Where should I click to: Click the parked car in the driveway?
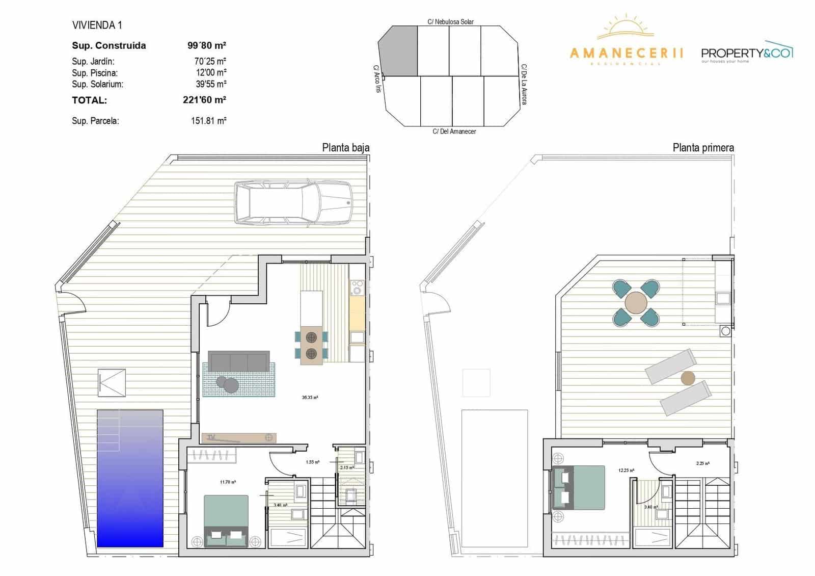[x=293, y=202]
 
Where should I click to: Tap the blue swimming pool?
[x=130, y=478]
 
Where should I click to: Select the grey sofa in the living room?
[x=239, y=361]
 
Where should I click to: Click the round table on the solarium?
[x=636, y=302]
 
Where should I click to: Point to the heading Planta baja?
[x=346, y=148]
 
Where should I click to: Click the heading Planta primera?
[x=703, y=148]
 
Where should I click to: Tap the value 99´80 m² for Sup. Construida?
[x=207, y=45]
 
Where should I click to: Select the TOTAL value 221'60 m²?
[x=204, y=100]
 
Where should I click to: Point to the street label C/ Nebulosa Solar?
[x=450, y=22]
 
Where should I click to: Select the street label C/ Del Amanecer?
[x=454, y=132]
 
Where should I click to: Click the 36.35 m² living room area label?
[x=310, y=397]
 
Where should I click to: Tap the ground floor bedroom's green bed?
[x=226, y=520]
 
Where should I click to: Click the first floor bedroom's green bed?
[x=581, y=488]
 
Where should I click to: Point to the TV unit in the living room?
[x=239, y=437]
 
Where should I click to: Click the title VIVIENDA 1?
[x=97, y=25]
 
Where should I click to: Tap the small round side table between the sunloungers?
[x=688, y=378]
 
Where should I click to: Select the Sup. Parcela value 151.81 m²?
[x=209, y=121]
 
